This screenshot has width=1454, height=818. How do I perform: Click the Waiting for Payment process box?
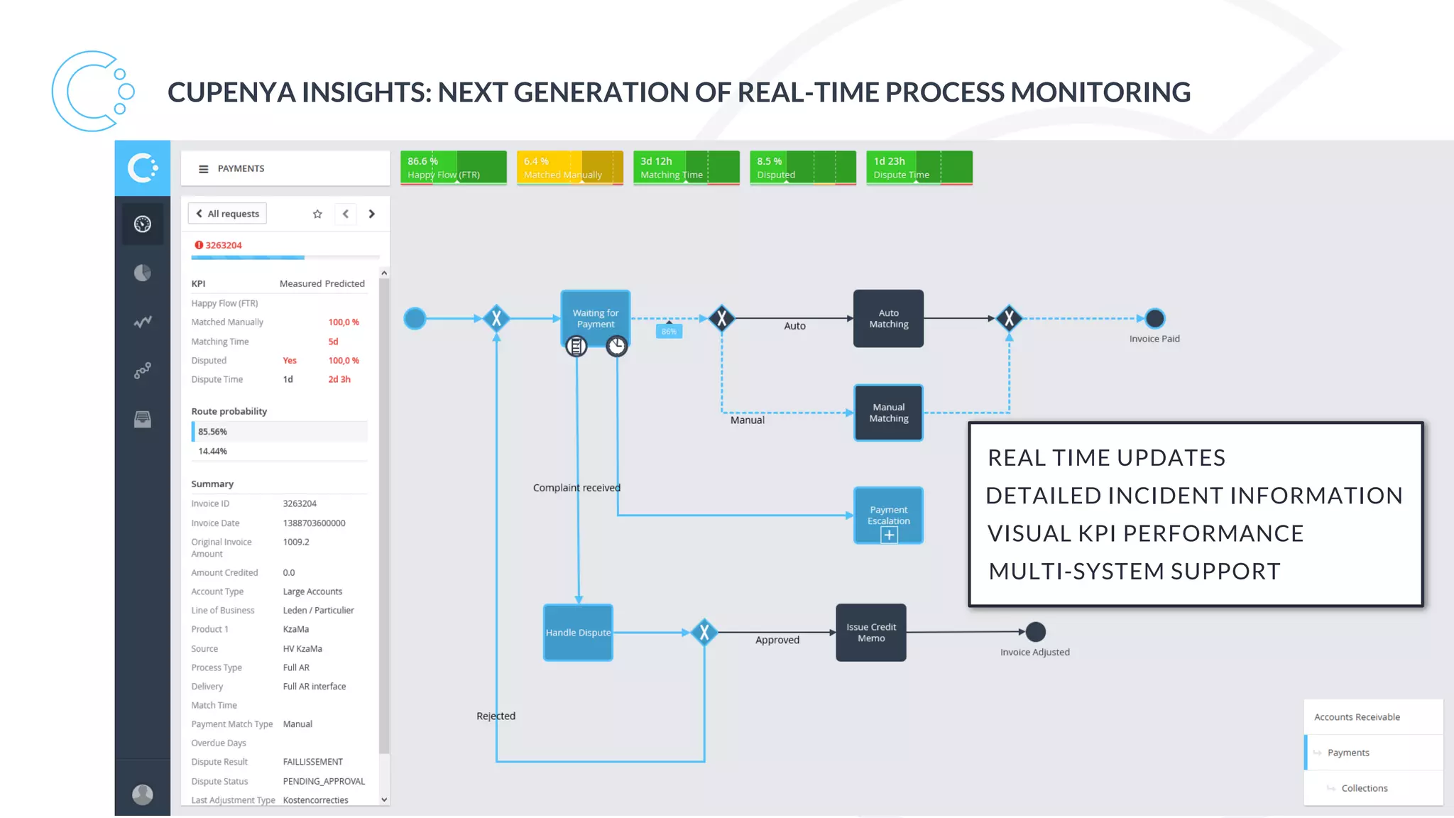coord(595,316)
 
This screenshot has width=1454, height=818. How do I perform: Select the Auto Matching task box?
coord(888,318)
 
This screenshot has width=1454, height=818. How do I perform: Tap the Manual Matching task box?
coord(888,413)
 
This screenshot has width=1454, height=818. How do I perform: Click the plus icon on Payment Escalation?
coord(889,535)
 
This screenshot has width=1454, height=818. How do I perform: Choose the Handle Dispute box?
coord(578,632)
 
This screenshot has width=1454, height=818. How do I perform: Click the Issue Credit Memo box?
coord(870,632)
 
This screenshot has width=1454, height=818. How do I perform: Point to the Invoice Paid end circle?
coord(1155,318)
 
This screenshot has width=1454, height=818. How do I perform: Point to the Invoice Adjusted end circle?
coord(1035,631)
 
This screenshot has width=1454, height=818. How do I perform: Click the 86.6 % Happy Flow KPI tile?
coord(453,168)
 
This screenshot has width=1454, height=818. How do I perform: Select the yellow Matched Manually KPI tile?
coord(569,168)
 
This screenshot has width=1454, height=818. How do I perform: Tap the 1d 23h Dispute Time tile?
coord(919,168)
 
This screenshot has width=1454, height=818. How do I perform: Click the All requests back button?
coord(227,214)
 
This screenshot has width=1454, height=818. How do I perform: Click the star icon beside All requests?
coord(317,214)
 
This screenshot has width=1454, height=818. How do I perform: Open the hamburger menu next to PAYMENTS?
coord(203,169)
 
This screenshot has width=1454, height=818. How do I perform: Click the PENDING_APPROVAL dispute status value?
coord(324,781)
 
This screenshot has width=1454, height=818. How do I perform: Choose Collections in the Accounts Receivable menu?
coord(1364,788)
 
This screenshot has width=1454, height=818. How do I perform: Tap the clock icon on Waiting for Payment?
coord(616,346)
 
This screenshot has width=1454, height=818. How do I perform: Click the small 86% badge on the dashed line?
coord(669,332)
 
